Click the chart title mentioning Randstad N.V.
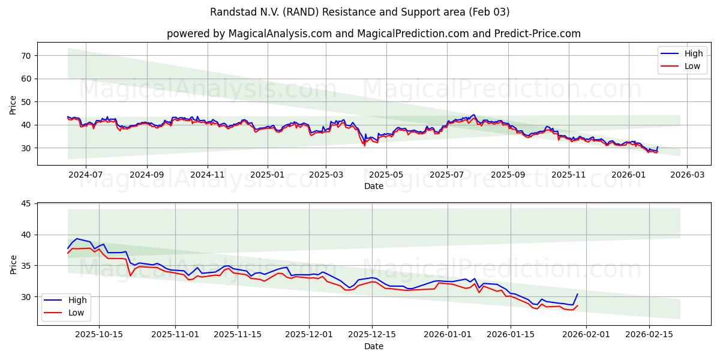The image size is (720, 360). pos(359,12)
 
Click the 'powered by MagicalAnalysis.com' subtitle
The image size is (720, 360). pos(373,34)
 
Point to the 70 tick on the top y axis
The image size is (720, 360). pos(26,56)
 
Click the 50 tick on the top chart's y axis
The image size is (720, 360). pos(26,102)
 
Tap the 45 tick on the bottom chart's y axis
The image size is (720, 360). pos(26,204)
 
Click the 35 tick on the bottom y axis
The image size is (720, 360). pos(26,266)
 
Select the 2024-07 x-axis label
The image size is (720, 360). pos(85,175)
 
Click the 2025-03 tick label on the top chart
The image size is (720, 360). pos(326,175)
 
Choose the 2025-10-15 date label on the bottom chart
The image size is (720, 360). pos(99,334)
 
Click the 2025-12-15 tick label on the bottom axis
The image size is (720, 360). pos(372,334)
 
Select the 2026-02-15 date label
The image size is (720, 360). pos(649,334)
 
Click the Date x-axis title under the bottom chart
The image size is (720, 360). pos(373,346)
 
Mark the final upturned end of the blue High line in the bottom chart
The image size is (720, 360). pos(577,294)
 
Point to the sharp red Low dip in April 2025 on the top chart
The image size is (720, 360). pos(364,145)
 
